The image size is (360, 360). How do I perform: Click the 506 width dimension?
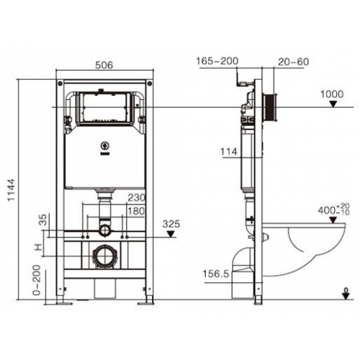(104, 64)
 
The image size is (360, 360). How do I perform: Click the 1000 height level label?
(331, 94)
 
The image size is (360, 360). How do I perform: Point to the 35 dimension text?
(45, 220)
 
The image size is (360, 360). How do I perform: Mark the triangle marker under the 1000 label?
(332, 104)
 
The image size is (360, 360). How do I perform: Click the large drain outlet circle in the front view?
(105, 255)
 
